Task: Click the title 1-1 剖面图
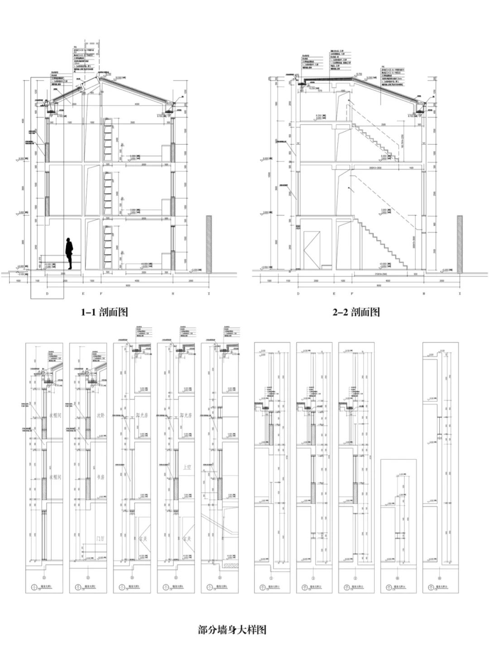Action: [105, 312]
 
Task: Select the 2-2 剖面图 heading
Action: [356, 312]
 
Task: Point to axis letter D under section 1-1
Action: [47, 294]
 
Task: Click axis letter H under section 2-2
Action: [424, 294]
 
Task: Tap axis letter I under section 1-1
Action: [209, 294]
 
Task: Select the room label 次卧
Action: [100, 415]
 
